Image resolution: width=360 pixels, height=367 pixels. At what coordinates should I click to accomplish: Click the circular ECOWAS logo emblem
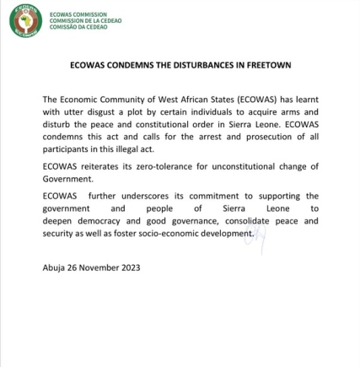point(25,20)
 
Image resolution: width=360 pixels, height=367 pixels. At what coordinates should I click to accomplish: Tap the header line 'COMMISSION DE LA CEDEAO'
point(85,19)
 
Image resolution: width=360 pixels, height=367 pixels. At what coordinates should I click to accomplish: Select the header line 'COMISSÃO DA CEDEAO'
point(80,25)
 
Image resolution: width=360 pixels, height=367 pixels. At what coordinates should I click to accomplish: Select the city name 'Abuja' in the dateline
point(53,267)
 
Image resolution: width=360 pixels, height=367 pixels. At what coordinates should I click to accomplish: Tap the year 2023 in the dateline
point(129,267)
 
